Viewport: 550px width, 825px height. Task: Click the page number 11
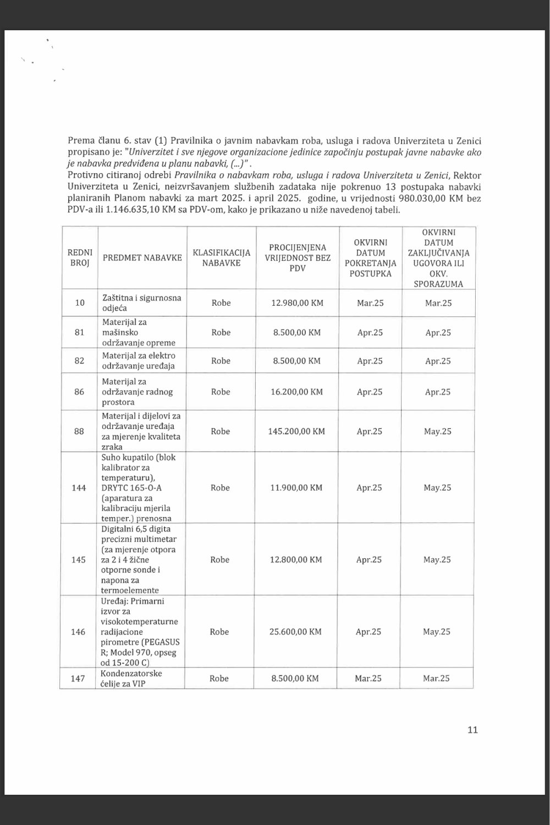coord(472,730)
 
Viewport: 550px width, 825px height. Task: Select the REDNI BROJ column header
coord(80,257)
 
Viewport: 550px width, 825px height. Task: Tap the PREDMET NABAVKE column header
coord(142,257)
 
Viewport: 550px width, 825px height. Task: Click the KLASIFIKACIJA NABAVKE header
coord(221,257)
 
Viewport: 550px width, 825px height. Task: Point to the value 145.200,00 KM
coord(296,431)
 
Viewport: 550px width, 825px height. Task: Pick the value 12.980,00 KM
coord(298,302)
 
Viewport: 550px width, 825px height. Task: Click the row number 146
coord(78,631)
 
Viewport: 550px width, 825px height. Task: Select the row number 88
coord(79,431)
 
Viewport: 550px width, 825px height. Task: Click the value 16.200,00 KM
coord(297,392)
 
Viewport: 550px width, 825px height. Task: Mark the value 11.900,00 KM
coord(296,487)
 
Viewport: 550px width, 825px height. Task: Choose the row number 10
coord(80,302)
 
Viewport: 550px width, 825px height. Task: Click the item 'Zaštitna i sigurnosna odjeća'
coord(141,302)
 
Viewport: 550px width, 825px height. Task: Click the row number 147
coord(78,678)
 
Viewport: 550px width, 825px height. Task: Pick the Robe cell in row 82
coord(221,361)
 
